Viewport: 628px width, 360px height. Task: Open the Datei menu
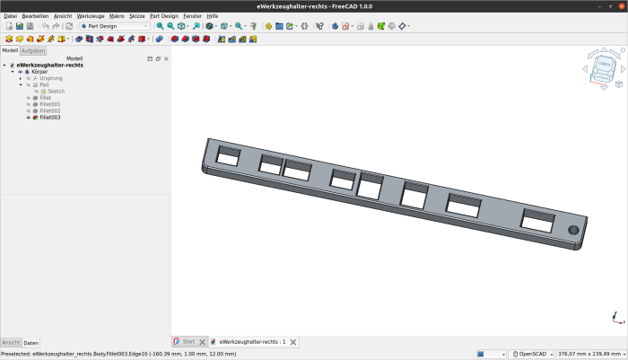coord(10,16)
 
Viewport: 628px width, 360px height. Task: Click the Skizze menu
coord(136,16)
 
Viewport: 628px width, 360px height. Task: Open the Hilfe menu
coord(213,16)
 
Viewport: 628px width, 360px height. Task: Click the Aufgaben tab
coord(33,51)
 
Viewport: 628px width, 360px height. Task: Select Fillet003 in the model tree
coord(49,118)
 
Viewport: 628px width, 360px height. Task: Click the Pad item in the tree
coord(44,84)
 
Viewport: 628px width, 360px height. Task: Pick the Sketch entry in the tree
coord(56,92)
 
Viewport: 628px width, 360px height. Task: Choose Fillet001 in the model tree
coord(49,104)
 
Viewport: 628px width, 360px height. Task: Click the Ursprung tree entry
coord(51,78)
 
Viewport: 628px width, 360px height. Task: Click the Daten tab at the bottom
coord(31,343)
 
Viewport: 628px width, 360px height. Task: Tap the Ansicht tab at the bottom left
coord(11,343)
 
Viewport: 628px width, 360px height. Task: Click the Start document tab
coord(188,342)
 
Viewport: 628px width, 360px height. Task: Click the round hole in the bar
coord(573,230)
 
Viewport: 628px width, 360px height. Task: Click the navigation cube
coord(604,67)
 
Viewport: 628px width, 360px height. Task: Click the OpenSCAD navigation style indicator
coord(535,354)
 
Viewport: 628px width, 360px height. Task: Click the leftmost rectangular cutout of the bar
coord(229,156)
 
